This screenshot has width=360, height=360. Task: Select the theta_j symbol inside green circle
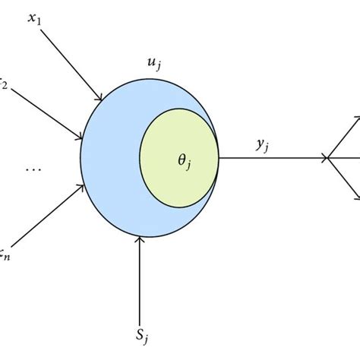tap(183, 162)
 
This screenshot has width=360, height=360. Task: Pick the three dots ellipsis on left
tap(33, 170)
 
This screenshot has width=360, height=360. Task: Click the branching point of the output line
tap(327, 158)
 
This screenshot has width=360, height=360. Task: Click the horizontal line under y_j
tap(273, 158)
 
